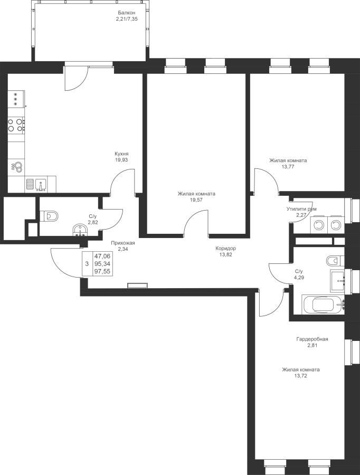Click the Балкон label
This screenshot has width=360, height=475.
click(x=126, y=13)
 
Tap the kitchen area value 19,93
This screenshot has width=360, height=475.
click(x=121, y=159)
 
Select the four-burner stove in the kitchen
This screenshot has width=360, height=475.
click(x=16, y=125)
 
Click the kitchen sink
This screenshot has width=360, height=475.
click(x=41, y=185)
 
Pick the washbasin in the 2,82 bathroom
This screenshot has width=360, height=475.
click(x=80, y=230)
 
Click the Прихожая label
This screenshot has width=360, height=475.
click(x=122, y=243)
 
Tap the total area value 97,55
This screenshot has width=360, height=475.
click(x=102, y=271)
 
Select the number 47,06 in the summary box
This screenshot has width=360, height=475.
click(x=102, y=256)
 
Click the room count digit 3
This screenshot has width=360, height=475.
click(x=87, y=264)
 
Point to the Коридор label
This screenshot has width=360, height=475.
click(x=226, y=249)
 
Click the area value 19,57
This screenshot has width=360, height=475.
click(x=196, y=200)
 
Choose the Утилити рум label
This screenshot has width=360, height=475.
click(x=301, y=209)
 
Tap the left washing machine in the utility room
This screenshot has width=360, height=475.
click(x=318, y=224)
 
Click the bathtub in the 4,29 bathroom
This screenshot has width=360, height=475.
click(x=324, y=304)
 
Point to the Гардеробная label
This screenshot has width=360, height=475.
click(x=312, y=339)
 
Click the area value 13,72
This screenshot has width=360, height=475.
click(x=300, y=376)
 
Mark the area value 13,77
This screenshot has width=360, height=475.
click(x=288, y=167)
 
